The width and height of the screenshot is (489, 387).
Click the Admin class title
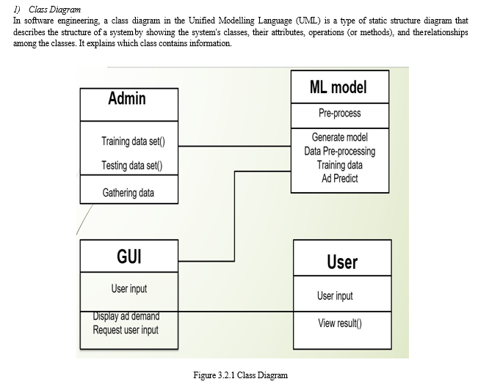(x=127, y=98)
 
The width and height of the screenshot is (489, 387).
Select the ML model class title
(x=338, y=87)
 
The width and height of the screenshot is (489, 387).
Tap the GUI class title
(x=129, y=257)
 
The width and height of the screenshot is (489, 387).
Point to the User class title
(x=342, y=262)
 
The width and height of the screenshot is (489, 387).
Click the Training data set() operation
(x=133, y=141)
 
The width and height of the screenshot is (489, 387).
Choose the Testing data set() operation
(x=132, y=166)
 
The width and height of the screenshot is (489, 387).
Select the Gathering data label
(x=128, y=193)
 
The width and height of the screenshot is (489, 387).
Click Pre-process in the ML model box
(x=340, y=113)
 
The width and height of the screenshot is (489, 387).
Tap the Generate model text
(x=340, y=137)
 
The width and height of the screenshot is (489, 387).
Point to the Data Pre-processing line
(x=340, y=151)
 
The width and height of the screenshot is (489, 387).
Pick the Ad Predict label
(x=340, y=178)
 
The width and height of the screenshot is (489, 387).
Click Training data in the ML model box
(x=340, y=165)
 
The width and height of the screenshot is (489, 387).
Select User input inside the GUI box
(x=129, y=289)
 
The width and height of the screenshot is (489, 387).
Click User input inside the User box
(x=335, y=296)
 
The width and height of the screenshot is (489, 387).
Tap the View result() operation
(x=340, y=323)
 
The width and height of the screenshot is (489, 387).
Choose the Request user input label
(x=126, y=330)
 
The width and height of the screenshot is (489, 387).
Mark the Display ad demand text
(x=126, y=317)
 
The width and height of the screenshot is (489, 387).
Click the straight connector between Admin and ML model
(x=234, y=146)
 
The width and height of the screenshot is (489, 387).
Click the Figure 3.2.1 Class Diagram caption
(x=240, y=375)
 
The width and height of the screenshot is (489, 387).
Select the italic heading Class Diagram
(x=54, y=10)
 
